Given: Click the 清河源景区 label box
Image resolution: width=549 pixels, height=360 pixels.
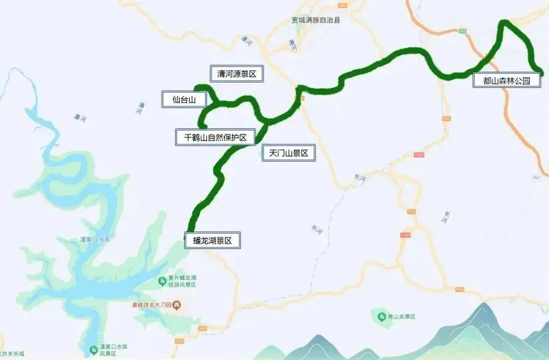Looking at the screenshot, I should [237, 74].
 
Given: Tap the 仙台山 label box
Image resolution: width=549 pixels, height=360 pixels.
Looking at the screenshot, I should [184, 100].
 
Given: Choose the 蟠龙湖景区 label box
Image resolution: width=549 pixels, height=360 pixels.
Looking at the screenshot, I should [212, 240].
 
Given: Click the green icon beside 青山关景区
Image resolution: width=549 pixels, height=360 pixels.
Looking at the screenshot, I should [382, 315].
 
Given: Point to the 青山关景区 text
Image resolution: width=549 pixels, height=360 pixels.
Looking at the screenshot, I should [402, 316].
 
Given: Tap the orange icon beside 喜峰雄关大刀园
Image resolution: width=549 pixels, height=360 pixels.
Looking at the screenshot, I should [177, 305].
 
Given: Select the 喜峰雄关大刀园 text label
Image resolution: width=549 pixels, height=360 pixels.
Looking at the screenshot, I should [154, 305].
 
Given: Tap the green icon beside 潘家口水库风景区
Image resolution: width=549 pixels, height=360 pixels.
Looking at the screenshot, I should [92, 349].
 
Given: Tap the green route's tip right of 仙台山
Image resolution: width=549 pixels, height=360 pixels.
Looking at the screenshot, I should [196, 87].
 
